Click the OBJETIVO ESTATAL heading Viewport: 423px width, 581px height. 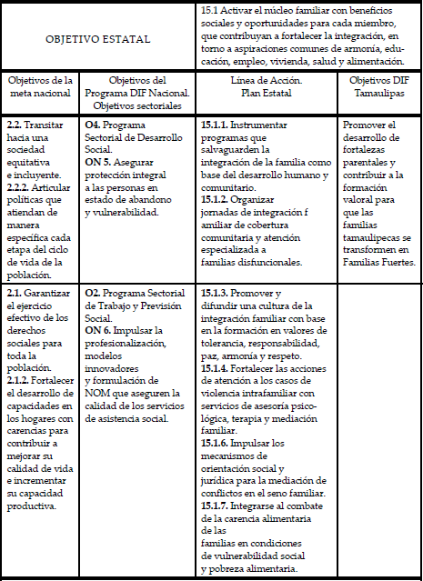pyautogui.click(x=98, y=39)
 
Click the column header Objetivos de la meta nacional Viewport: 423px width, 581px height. pyautogui.click(x=39, y=87)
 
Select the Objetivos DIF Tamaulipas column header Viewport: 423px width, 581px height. pyautogui.click(x=379, y=87)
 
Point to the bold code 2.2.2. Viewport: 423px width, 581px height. pyautogui.click(x=20, y=187)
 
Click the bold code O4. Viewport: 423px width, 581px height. pyautogui.click(x=92, y=123)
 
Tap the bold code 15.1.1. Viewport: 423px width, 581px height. pyautogui.click(x=215, y=123)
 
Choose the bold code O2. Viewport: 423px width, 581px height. pyautogui.click(x=92, y=294)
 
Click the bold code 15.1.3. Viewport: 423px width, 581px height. pyautogui.click(x=215, y=294)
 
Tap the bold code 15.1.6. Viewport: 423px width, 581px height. pyautogui.click(x=215, y=443)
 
